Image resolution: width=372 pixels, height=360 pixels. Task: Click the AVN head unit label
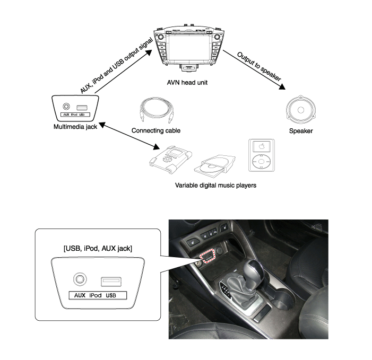point(187,83)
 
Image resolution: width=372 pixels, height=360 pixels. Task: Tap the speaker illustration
point(301,110)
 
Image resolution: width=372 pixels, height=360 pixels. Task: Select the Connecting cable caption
point(156,130)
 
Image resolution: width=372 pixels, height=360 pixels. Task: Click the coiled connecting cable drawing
point(157,110)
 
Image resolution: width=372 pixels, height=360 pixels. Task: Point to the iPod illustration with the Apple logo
point(262,155)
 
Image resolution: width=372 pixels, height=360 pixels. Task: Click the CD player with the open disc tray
point(215,165)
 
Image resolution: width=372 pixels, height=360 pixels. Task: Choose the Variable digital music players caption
point(215,186)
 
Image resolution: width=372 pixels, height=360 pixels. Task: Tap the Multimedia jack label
point(75,127)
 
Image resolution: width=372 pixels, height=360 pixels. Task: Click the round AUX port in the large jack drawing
point(80,279)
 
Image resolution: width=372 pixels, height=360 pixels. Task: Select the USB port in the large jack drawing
point(111,282)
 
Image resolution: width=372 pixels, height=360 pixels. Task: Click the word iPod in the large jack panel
point(96,295)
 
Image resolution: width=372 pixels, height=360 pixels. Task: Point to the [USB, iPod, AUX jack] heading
point(98,248)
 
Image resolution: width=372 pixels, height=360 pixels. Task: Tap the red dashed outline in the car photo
point(207,256)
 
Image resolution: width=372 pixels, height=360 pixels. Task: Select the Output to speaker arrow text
point(259,67)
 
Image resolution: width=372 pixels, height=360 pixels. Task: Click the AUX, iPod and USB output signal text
point(116,66)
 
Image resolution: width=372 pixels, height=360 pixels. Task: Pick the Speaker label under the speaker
point(301,131)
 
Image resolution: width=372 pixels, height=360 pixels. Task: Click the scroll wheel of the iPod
point(261,161)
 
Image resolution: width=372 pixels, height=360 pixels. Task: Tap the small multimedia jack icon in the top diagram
point(75,108)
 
